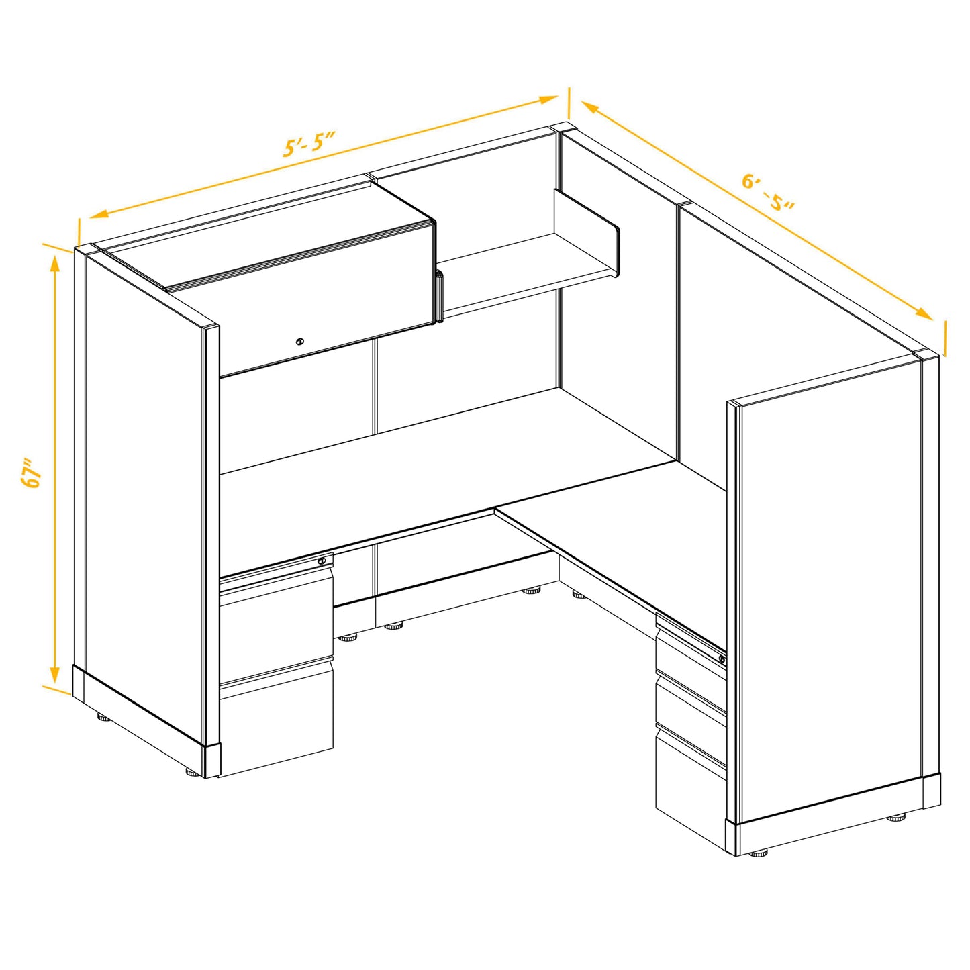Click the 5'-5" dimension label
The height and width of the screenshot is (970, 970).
coord(309,144)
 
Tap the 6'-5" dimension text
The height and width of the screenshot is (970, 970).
coord(768,191)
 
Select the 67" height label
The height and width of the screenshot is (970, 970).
coord(32,473)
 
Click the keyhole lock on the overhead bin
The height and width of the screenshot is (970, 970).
coord(300,342)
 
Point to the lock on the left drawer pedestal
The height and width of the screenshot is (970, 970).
coord(323,561)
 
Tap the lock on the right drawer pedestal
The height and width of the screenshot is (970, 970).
coord(722,659)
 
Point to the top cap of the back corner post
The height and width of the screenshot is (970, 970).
coord(563,128)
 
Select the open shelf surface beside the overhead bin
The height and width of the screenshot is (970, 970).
coord(530,269)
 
